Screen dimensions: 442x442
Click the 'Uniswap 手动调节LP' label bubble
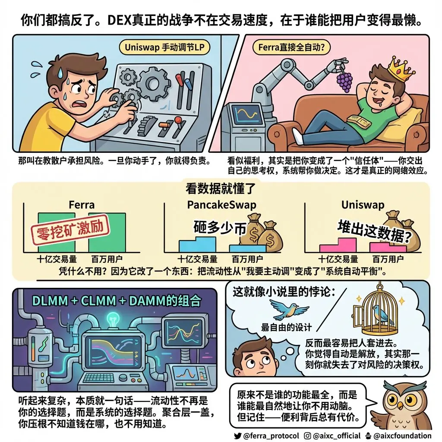pyautogui.click(x=164, y=47)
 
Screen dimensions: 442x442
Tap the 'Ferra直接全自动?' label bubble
pyautogui.click(x=291, y=47)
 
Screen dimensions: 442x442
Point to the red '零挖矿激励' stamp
pyautogui.click(x=69, y=230)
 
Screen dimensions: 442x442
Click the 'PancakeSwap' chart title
pyautogui.click(x=221, y=205)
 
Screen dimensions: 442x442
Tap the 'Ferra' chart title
pyautogui.click(x=82, y=205)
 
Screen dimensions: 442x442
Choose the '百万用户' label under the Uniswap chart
pyautogui.click(x=388, y=259)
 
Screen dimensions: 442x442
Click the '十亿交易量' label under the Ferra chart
pyautogui.click(x=57, y=259)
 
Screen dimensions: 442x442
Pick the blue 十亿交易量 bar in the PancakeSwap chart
pyautogui.click(x=197, y=244)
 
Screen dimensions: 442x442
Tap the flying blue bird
pyautogui.click(x=289, y=309)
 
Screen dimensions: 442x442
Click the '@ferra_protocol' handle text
pyautogui.click(x=271, y=436)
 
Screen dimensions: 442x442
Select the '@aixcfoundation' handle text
pyautogui.click(x=402, y=436)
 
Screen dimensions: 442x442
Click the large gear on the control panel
pyautogui.click(x=153, y=84)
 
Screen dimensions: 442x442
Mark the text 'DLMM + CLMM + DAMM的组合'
pyautogui.click(x=117, y=300)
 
